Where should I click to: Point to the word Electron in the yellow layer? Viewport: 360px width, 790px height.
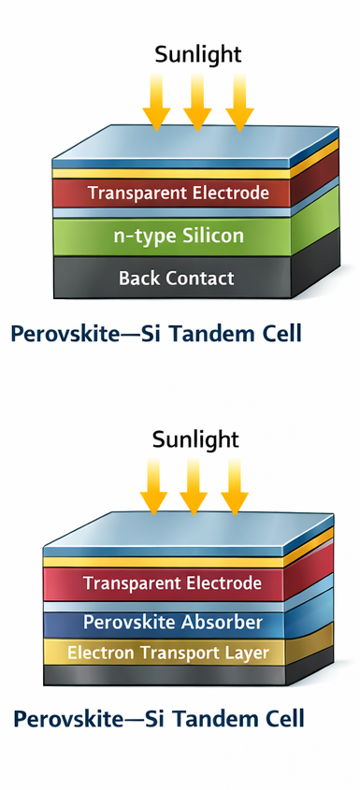(x=98, y=653)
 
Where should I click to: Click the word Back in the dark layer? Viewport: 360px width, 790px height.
(x=139, y=278)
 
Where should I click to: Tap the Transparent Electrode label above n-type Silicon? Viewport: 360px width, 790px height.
(x=178, y=194)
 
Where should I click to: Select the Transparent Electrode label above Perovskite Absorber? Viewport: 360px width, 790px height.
(x=172, y=583)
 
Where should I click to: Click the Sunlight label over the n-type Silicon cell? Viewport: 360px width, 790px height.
(x=197, y=54)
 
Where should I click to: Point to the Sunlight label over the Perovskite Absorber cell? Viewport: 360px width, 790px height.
(x=195, y=438)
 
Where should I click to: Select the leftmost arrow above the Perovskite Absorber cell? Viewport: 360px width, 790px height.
(x=152, y=486)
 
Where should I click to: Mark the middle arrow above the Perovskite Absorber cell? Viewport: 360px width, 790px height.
(x=194, y=486)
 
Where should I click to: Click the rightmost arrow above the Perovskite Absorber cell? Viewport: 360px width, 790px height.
(x=234, y=486)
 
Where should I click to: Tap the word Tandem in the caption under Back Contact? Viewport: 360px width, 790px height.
(x=217, y=334)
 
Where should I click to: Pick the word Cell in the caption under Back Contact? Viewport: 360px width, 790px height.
(x=280, y=334)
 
